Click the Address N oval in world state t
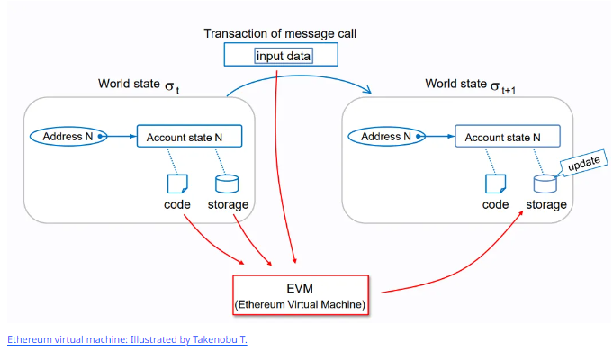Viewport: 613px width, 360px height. click(68, 137)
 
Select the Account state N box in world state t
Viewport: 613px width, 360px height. click(187, 138)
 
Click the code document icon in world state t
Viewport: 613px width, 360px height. click(177, 184)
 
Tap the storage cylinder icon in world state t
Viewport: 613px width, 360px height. click(226, 184)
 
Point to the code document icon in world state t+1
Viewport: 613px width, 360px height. click(494, 184)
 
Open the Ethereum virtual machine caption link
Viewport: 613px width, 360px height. click(127, 339)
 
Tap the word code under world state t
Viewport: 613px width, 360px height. click(176, 205)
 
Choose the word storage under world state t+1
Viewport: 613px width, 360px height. click(545, 205)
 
